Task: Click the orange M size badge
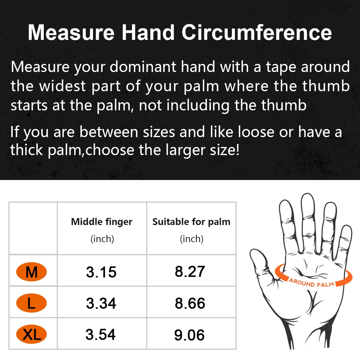click(31, 272)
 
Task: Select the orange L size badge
click(31, 303)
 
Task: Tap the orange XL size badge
click(31, 334)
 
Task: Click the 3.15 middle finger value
click(101, 272)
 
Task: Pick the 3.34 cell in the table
click(101, 303)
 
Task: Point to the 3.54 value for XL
click(100, 334)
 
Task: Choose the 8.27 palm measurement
click(190, 271)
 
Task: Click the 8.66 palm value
click(190, 303)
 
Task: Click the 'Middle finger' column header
click(102, 222)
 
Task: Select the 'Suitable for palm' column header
click(191, 222)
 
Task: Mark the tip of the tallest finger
click(307, 193)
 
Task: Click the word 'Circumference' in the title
click(257, 32)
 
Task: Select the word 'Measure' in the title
click(71, 32)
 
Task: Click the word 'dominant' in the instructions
click(143, 67)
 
